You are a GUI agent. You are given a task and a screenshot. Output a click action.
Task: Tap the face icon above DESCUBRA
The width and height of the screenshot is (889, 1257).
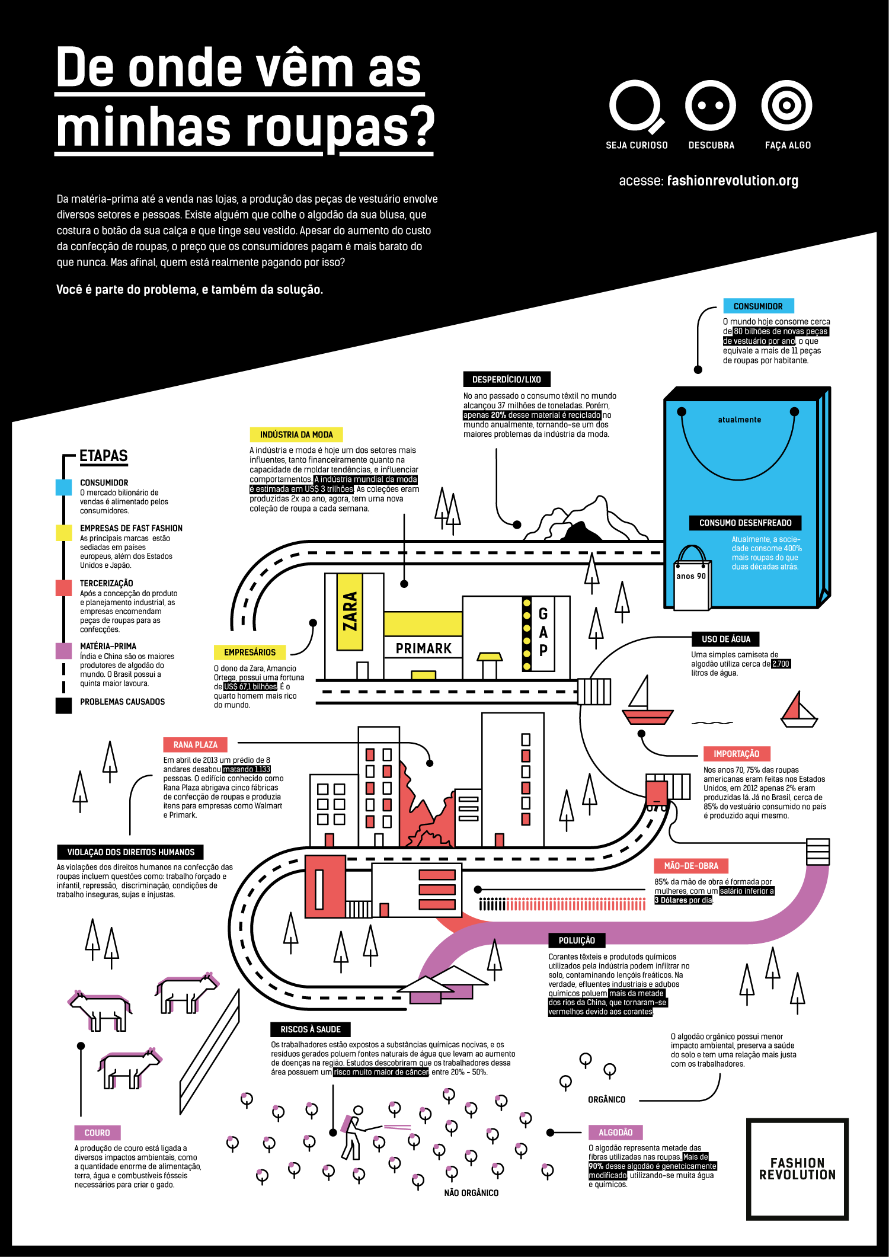(710, 106)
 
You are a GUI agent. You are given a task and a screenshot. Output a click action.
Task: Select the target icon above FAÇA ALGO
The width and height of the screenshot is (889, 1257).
(786, 106)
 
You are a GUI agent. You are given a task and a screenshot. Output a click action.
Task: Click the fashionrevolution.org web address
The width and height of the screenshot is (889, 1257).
(733, 181)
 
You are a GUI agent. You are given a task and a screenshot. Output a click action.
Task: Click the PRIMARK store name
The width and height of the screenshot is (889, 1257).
(423, 648)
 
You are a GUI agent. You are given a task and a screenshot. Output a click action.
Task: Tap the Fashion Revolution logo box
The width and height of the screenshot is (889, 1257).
(797, 1169)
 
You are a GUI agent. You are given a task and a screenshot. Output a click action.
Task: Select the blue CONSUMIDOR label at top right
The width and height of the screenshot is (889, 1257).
(758, 306)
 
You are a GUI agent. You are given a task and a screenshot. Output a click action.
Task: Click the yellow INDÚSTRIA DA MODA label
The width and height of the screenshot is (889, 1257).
(296, 434)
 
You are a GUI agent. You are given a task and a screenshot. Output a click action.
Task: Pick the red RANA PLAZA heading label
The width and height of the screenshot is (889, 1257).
(195, 745)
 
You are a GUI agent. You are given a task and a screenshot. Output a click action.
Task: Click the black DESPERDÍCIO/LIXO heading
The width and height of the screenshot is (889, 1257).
(506, 379)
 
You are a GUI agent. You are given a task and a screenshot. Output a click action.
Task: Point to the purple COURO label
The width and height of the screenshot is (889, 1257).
(97, 1133)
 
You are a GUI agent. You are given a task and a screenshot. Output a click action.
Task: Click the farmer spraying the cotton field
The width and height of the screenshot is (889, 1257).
(353, 1132)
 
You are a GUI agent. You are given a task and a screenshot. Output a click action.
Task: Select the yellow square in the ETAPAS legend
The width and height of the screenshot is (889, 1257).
(63, 532)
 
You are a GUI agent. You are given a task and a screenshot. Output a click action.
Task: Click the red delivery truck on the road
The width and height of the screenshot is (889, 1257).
(657, 794)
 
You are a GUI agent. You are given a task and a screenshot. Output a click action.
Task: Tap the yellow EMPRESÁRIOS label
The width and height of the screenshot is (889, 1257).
(250, 653)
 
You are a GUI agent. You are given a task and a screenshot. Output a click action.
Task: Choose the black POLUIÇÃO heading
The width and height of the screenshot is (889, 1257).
(576, 941)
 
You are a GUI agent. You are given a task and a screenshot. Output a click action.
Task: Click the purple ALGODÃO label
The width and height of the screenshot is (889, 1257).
(615, 1133)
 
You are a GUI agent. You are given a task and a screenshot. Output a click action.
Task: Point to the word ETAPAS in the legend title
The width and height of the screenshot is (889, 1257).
(104, 456)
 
